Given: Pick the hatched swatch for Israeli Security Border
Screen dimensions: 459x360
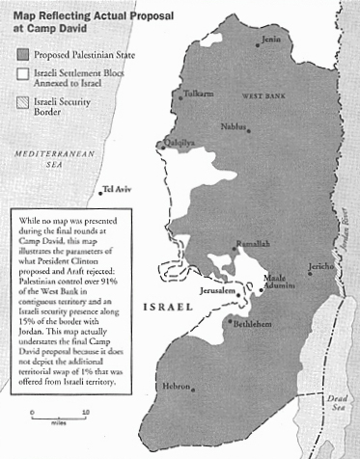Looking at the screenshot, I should point(20,101).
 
